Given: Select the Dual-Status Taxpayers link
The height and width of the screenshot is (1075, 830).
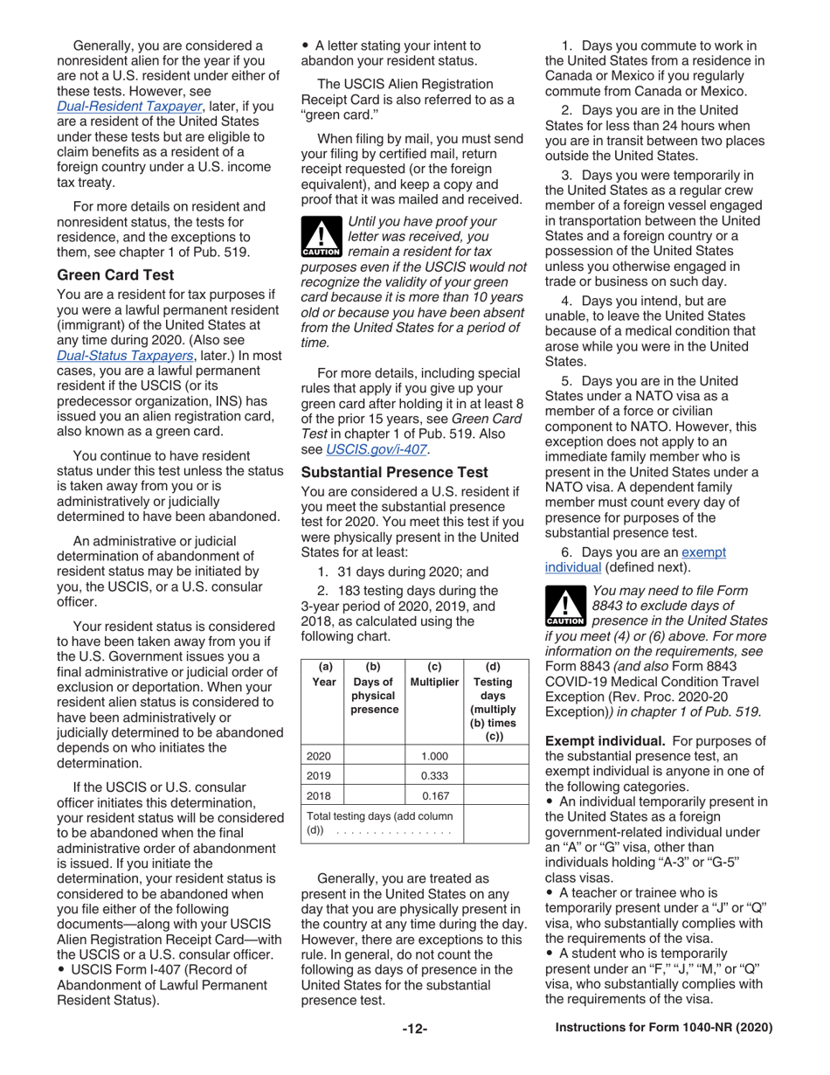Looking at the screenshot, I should pyautogui.click(x=124, y=355).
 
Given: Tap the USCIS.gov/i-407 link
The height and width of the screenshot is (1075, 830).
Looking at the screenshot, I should pyautogui.click(x=376, y=449).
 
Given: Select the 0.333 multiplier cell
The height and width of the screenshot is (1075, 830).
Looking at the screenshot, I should pyautogui.click(x=433, y=774).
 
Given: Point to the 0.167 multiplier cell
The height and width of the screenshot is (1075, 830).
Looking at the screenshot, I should pyautogui.click(x=433, y=795).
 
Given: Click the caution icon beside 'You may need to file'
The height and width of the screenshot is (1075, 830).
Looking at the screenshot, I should pyautogui.click(x=564, y=606).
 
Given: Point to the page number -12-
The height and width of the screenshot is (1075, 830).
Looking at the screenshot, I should pyautogui.click(x=414, y=1029).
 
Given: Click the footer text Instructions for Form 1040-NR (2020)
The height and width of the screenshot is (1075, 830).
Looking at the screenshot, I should pyautogui.click(x=664, y=1029).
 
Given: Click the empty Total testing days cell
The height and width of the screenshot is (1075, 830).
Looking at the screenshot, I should pyautogui.click(x=495, y=823).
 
